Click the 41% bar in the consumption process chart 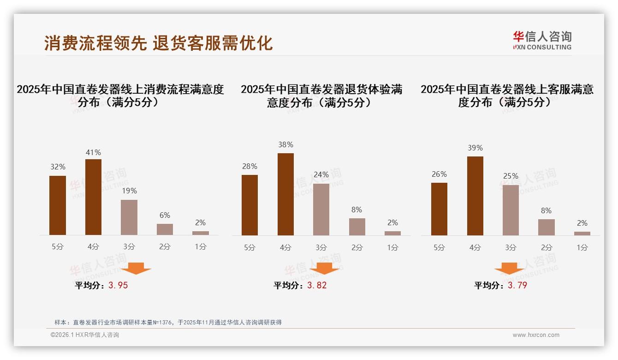pos(93,197)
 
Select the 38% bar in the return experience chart pos(285,194)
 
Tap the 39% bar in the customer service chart pos(475,196)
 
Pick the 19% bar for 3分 pos(129,217)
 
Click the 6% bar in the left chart pos(165,229)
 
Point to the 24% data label pos(321,174)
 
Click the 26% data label pos(439,174)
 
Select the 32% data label pos(58,167)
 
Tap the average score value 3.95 pos(118,285)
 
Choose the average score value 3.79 pos(517,285)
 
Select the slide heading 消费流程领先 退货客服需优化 pos(158,43)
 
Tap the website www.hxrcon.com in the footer pos(536,335)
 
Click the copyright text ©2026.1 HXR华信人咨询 pos(85,335)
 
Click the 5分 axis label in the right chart pos(439,247)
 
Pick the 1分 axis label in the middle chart pos(392,247)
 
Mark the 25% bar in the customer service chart pos(511,210)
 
